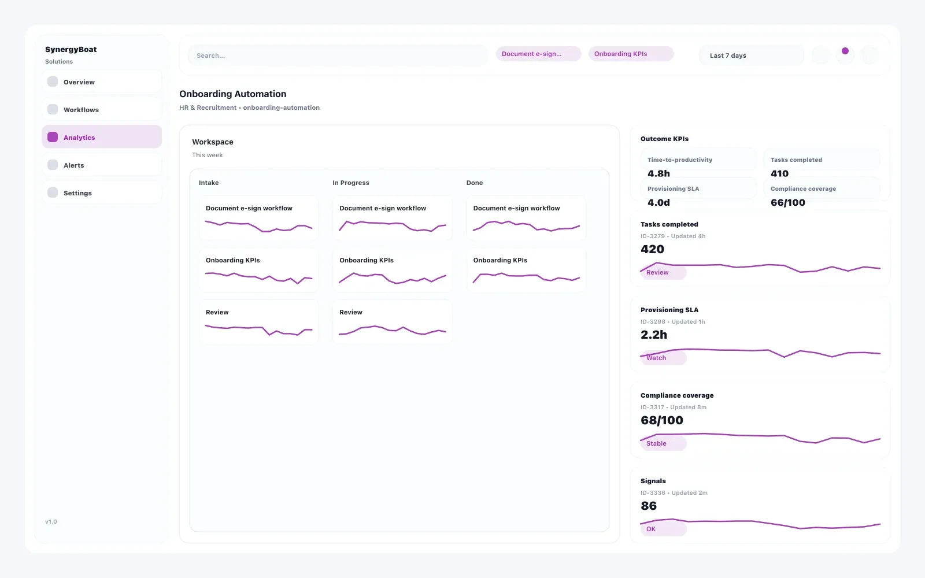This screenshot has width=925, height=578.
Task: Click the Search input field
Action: [338, 55]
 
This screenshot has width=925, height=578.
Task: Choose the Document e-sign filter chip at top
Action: [538, 54]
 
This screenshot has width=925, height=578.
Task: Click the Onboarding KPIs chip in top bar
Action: [630, 54]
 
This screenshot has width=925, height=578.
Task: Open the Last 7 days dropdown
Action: [750, 55]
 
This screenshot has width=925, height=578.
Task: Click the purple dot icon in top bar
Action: [845, 51]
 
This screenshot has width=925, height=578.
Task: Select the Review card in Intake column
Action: [258, 322]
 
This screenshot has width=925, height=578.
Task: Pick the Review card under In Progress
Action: [392, 322]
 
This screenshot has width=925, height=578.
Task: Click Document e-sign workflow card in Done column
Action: [526, 218]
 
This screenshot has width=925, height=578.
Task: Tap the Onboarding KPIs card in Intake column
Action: [258, 270]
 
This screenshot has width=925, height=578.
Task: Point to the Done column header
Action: [475, 183]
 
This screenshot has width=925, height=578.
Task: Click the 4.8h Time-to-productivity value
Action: [658, 173]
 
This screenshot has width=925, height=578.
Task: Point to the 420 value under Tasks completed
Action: [652, 249]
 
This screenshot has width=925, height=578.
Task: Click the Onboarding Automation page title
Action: [232, 94]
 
